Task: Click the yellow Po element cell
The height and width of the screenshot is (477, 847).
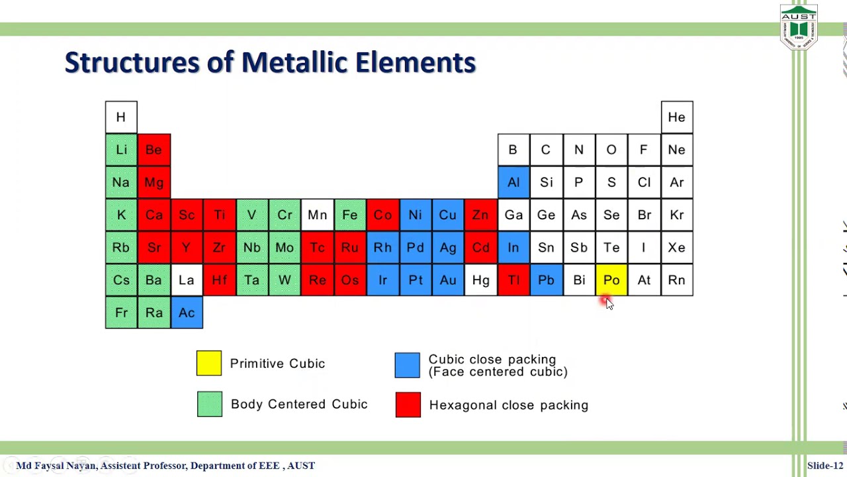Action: coord(611,280)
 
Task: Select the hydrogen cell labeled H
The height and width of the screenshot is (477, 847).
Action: coord(121,117)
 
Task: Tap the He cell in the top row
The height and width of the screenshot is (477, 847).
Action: coord(676,117)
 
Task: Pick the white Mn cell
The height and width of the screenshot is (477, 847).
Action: coord(317,215)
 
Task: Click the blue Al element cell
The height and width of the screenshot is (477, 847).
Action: coord(513,182)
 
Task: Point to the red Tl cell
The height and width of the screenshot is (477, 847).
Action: coord(513,280)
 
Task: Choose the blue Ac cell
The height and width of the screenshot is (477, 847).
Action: coord(187,313)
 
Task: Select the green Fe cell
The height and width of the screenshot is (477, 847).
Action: coord(349,215)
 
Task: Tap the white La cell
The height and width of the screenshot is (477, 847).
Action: coord(187,280)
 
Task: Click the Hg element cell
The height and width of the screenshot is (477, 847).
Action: coord(480,280)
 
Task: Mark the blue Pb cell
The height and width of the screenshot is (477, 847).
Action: coord(546,280)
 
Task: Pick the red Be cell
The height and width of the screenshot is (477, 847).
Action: coord(154,150)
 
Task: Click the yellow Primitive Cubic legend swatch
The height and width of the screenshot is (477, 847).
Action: coord(209,363)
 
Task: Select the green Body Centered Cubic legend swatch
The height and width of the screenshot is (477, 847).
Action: coord(210,404)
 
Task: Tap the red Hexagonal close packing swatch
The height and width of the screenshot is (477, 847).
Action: coord(408,405)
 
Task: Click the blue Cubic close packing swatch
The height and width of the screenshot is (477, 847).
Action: coord(407,365)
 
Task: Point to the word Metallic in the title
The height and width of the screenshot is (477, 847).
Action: coord(294,62)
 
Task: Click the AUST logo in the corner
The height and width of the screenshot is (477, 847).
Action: coord(799,26)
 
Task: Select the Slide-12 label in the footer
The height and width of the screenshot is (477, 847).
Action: coord(825,466)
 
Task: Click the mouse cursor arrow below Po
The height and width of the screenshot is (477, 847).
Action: coord(609,303)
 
